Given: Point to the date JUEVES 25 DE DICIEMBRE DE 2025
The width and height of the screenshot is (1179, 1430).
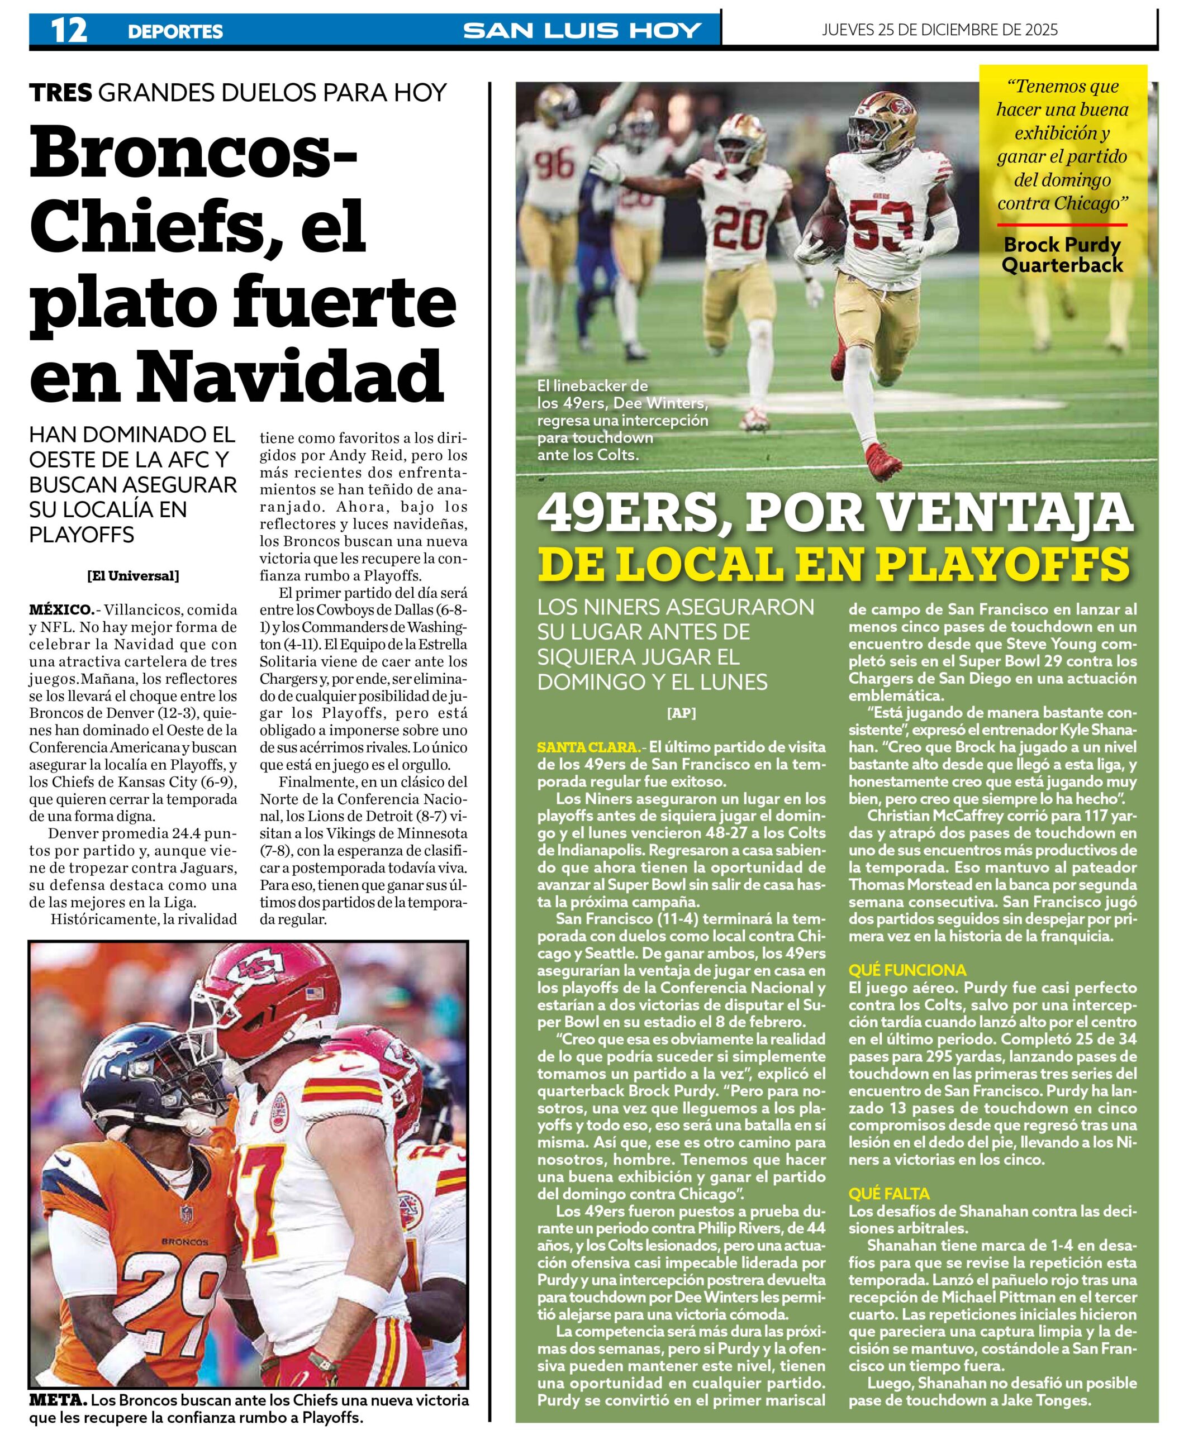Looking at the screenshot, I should pos(939,29).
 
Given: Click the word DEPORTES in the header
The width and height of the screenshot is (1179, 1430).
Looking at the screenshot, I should pos(175,31).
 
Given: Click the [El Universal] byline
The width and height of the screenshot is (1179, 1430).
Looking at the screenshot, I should pos(133,576).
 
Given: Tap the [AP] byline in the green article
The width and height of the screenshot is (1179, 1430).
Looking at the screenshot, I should pos(681,713).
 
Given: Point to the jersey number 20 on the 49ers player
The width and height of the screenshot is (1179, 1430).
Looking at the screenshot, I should pos(741,229).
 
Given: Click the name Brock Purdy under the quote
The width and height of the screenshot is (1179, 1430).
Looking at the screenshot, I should pos(1062,245).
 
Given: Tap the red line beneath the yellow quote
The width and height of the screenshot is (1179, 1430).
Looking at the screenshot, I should pos(1062,225).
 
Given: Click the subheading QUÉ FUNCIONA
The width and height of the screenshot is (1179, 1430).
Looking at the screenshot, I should pos(907,970).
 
